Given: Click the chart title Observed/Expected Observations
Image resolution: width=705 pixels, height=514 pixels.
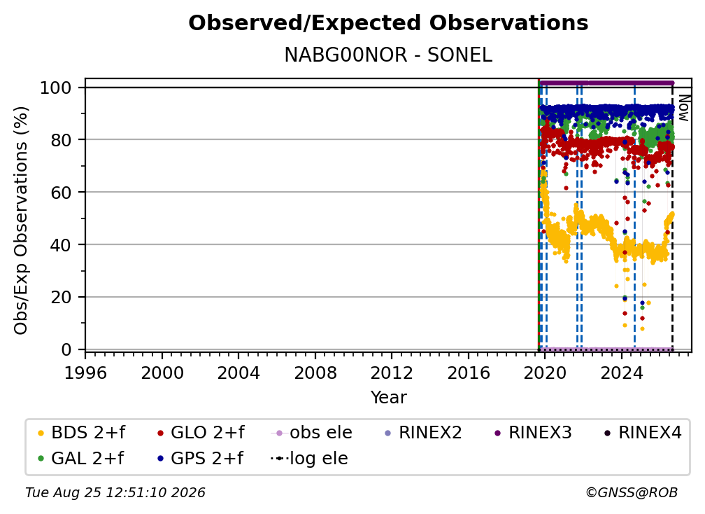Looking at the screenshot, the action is click(388, 23).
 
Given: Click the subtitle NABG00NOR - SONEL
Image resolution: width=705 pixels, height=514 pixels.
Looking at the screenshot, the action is click(388, 55).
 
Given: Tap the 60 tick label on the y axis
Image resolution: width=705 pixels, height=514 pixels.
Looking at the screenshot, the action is click(61, 192).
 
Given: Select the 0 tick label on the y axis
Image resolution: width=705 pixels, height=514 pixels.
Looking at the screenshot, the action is click(66, 349).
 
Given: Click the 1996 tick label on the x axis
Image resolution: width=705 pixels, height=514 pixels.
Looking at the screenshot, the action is click(85, 373).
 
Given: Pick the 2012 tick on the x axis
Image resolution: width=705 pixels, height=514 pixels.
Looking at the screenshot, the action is click(392, 373).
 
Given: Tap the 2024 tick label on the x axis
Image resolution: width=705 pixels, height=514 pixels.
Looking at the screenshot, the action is click(621, 373).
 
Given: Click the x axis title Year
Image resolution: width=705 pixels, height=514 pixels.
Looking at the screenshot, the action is click(388, 397).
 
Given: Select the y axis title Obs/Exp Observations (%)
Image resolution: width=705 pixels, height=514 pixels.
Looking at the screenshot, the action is click(21, 221).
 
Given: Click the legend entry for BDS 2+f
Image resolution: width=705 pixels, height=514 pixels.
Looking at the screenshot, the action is click(81, 433).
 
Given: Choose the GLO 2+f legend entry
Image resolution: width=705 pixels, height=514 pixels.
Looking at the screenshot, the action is click(201, 433).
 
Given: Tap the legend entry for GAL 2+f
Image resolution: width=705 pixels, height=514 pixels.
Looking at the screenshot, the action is click(80, 459).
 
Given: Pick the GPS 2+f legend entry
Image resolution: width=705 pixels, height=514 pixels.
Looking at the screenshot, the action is click(200, 459).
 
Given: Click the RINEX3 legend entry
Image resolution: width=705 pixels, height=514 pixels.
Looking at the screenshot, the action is click(533, 433).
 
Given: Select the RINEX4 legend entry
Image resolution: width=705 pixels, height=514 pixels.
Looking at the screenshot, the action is click(643, 433).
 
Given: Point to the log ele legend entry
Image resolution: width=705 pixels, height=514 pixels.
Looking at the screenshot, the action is click(309, 459).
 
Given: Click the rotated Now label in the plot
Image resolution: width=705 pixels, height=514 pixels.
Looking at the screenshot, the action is click(683, 108).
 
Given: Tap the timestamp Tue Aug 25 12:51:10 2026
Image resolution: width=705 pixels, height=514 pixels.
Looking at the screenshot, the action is click(115, 493).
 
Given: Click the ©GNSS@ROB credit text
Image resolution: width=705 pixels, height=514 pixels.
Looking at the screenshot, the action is click(632, 493).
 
